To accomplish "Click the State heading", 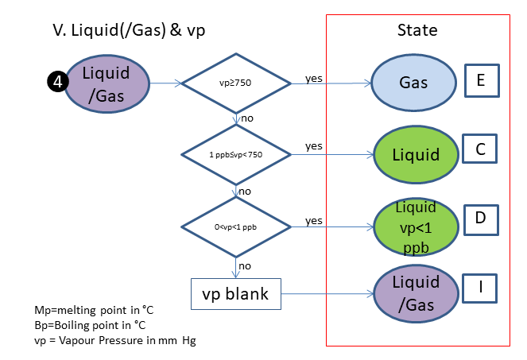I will (x=417, y=30).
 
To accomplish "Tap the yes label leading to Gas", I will (x=314, y=78).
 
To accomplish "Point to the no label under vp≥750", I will (x=246, y=118).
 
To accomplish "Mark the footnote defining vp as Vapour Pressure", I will (x=114, y=340).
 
